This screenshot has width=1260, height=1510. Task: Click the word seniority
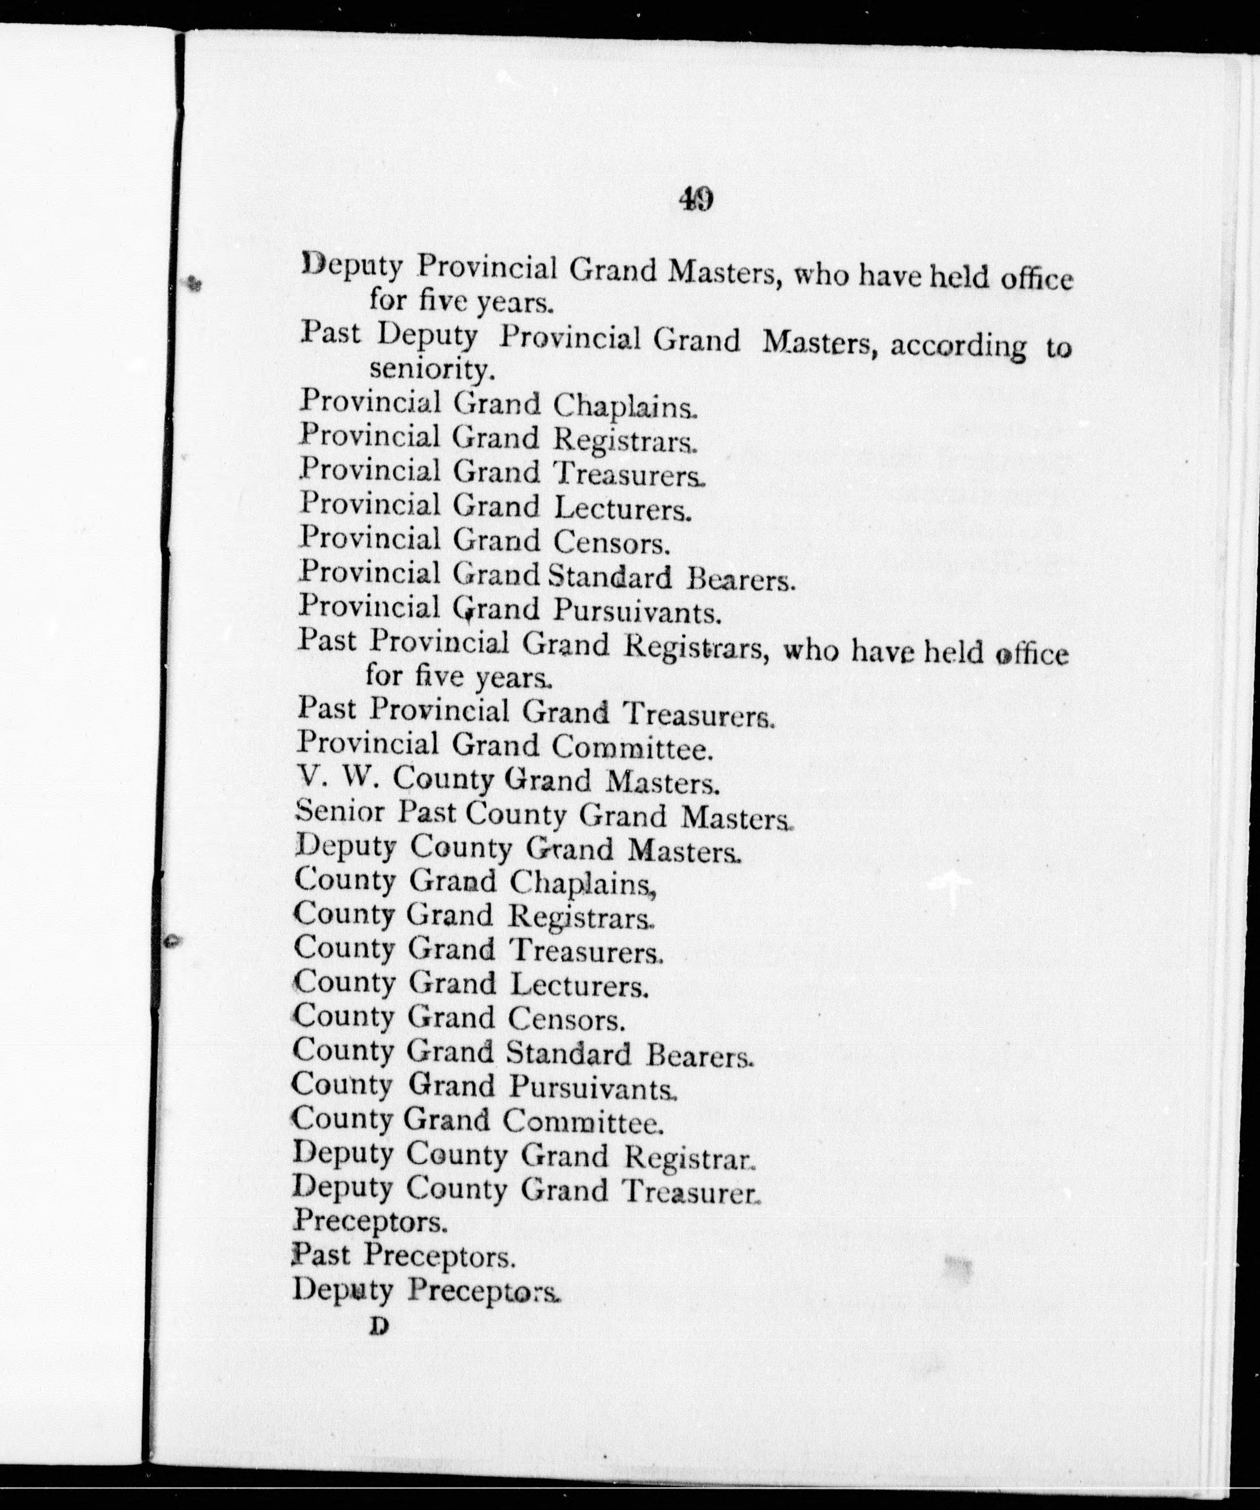click(x=432, y=369)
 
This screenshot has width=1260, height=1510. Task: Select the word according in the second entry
click(x=958, y=346)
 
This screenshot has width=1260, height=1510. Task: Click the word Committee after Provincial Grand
click(x=632, y=748)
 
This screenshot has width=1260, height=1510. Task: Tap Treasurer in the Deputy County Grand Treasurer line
click(x=690, y=1191)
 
